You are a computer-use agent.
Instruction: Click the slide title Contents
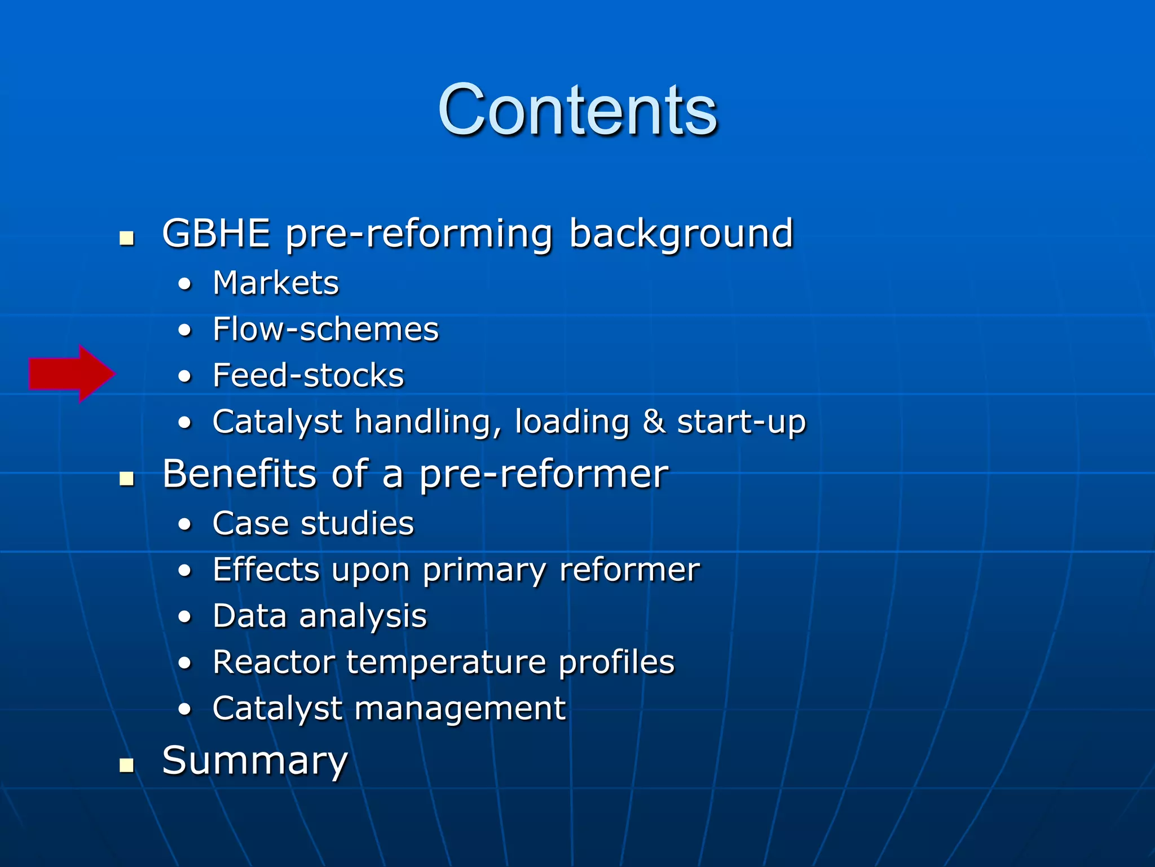577,110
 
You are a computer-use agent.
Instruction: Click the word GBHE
216,233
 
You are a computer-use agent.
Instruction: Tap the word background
681,234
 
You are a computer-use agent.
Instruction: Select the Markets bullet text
276,283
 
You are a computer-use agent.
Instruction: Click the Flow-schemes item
325,329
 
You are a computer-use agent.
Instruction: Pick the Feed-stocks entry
308,375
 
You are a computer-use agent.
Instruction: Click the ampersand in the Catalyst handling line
653,422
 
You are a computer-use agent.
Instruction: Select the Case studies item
313,523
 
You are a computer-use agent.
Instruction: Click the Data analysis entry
320,616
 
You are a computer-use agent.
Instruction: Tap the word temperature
446,662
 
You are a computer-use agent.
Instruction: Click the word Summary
255,761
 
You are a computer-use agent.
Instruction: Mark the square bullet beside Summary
127,765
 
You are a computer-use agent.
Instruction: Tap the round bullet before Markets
184,284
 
